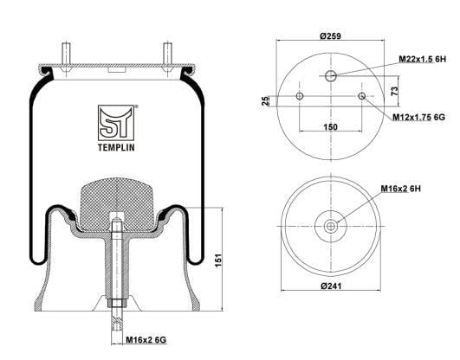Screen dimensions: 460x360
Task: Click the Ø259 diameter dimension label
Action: click(x=330, y=36)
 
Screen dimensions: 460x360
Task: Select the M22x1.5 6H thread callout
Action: click(x=422, y=59)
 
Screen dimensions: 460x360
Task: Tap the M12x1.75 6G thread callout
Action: click(x=418, y=118)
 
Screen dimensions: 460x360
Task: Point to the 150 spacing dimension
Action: click(x=330, y=127)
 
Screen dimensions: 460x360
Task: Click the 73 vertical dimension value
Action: click(x=395, y=91)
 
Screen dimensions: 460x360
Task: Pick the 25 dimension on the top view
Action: click(x=265, y=101)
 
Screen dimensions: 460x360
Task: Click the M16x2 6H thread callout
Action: click(x=400, y=189)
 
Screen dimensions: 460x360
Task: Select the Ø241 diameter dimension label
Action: click(x=331, y=286)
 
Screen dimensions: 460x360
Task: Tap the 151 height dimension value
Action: click(x=219, y=260)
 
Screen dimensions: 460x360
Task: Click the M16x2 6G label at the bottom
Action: click(x=146, y=340)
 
